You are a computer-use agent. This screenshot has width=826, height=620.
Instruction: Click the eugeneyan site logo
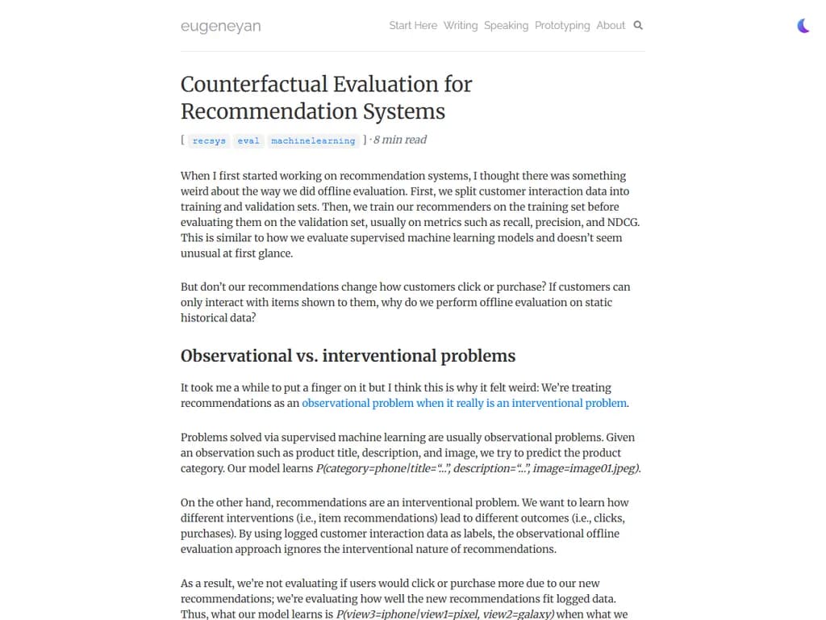point(220,26)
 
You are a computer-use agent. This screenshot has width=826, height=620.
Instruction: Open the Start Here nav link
point(413,25)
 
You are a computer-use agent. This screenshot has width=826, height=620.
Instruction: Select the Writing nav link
point(461,25)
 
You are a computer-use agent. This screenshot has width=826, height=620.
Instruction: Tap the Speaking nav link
point(506,25)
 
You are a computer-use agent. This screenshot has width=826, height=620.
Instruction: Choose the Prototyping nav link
point(562,25)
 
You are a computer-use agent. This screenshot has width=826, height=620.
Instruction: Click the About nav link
point(611,25)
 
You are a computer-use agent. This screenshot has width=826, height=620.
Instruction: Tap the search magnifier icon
point(638,25)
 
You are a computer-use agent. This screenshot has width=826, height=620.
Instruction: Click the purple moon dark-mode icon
point(803,26)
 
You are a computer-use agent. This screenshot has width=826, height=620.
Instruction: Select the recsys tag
point(210,140)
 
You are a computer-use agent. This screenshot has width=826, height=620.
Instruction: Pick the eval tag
point(248,140)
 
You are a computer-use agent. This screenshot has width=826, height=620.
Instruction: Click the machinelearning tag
point(313,140)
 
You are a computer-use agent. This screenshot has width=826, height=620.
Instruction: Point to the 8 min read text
point(400,140)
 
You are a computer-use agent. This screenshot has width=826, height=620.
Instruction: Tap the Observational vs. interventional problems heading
point(348,356)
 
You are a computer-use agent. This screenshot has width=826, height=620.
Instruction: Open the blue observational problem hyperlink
point(465,403)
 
